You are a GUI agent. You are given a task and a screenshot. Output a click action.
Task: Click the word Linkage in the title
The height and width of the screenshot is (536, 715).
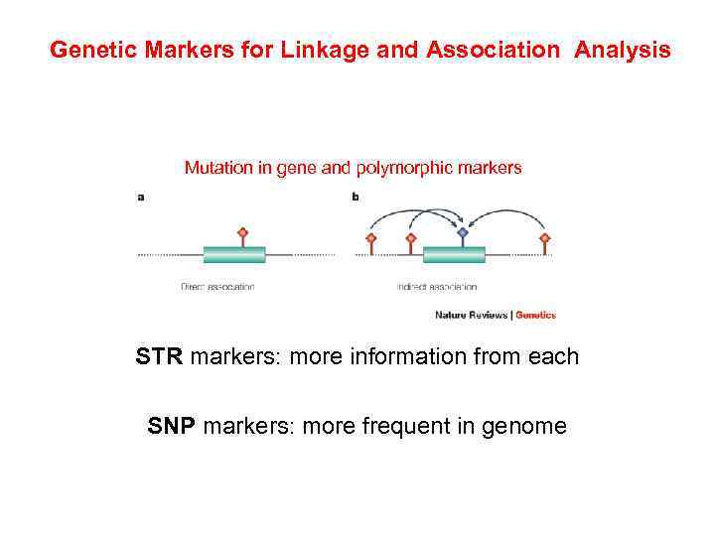tap(289, 50)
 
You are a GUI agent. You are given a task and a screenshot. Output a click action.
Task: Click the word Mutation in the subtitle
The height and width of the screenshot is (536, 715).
tap(216, 168)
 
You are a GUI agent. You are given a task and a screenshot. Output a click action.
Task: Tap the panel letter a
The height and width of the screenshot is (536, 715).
tap(141, 197)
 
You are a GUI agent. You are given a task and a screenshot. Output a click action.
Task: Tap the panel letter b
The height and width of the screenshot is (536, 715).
tap(356, 197)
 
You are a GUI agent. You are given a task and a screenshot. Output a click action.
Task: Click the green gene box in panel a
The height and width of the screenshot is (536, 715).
tap(234, 255)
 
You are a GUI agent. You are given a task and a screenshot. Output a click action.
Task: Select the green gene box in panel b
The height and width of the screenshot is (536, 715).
tap(454, 255)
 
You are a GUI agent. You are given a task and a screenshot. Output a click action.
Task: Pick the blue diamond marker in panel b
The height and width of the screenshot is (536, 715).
tap(463, 233)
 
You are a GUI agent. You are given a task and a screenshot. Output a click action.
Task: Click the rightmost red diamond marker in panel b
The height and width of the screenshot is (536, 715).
tap(544, 238)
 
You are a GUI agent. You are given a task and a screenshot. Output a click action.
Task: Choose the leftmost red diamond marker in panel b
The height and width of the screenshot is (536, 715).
tap(371, 238)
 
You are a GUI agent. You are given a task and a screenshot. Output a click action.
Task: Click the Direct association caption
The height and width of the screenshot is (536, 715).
tap(217, 287)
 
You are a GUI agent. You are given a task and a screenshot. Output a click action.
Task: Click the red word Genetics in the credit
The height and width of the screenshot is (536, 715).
tap(535, 316)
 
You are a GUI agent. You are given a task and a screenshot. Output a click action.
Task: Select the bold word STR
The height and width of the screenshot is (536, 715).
tap(160, 356)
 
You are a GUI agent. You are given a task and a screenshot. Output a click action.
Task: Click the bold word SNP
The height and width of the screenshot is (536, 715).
tap(172, 427)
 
